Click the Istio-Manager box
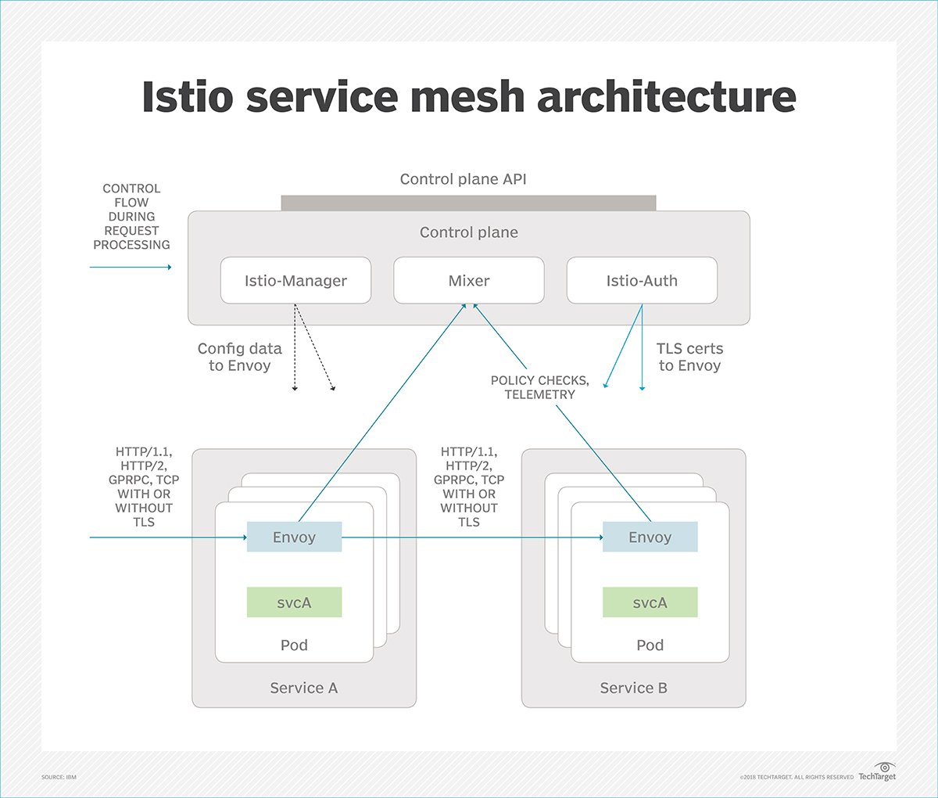tap(295, 280)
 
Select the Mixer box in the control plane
tap(469, 280)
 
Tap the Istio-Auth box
tap(642, 280)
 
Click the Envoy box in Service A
tap(294, 537)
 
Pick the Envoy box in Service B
tap(650, 537)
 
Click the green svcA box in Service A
tap(294, 602)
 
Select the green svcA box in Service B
tap(650, 602)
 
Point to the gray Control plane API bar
tap(469, 203)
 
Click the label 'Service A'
tap(304, 688)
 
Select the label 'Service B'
tap(633, 688)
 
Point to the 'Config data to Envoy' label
tap(240, 357)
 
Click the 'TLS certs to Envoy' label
tap(689, 357)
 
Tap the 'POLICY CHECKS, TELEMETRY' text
tap(540, 387)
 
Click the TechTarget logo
tap(877, 772)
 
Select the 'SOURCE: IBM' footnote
tap(59, 777)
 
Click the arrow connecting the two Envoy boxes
tap(472, 537)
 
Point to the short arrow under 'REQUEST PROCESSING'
tap(131, 267)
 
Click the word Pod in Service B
tap(650, 645)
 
